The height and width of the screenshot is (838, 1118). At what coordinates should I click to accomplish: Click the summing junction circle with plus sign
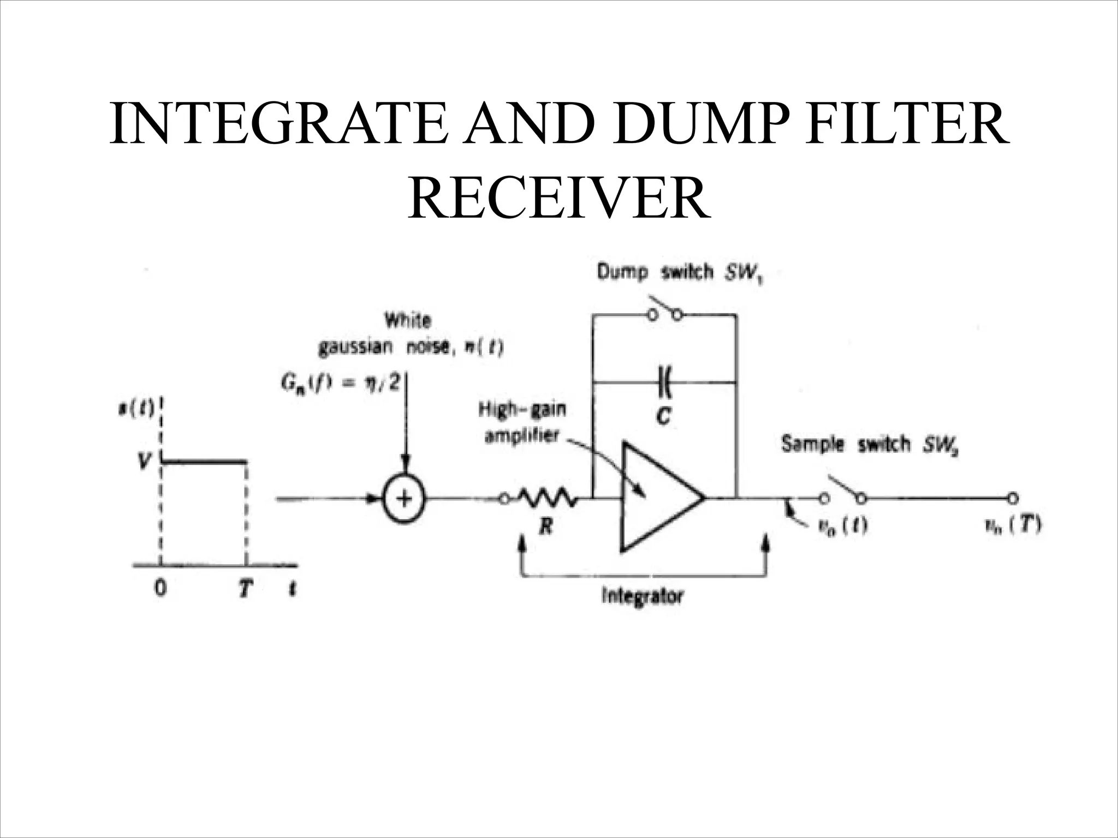click(404, 499)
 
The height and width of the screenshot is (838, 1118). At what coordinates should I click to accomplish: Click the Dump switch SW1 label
click(680, 272)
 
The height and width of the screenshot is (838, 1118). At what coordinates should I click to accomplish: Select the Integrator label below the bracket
click(642, 596)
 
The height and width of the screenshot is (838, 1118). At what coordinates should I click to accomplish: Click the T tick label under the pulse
click(246, 589)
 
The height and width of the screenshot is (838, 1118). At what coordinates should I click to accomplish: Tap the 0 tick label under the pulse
click(160, 589)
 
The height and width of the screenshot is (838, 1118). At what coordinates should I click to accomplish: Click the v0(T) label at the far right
click(1013, 525)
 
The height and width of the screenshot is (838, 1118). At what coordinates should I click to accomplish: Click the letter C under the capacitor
click(664, 417)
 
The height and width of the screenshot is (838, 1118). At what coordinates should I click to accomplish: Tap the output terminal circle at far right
click(1013, 498)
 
